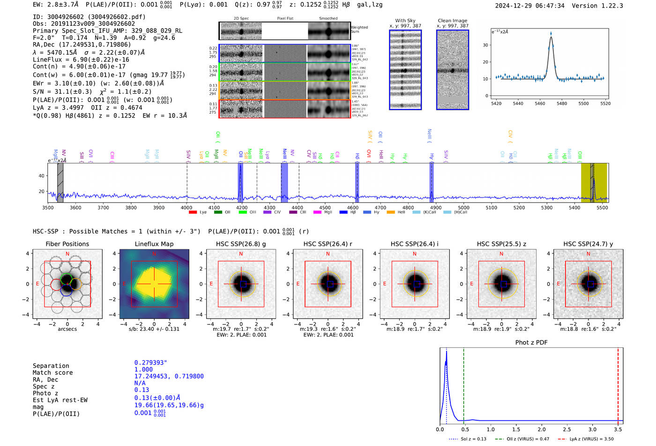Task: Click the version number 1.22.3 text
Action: tap(608, 6)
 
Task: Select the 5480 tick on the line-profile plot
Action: tap(561, 103)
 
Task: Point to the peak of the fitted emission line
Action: tap(551, 37)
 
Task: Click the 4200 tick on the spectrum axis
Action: tap(241, 208)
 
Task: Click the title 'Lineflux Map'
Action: tap(154, 244)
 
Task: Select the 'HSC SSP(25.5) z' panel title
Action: tap(501, 244)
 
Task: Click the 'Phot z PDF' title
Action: tap(531, 342)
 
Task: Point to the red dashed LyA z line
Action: tap(618, 384)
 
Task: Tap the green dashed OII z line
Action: tap(463, 384)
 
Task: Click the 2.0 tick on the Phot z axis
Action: tap(542, 429)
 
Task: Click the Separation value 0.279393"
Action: tap(150, 363)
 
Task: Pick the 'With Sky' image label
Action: tap(405, 21)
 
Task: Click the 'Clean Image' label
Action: tap(452, 21)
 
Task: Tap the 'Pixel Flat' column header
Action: tap(285, 18)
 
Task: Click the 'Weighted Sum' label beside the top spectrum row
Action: tap(359, 29)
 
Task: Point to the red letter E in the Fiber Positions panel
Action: tap(37, 284)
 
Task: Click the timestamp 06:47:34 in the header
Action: tap(550, 6)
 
